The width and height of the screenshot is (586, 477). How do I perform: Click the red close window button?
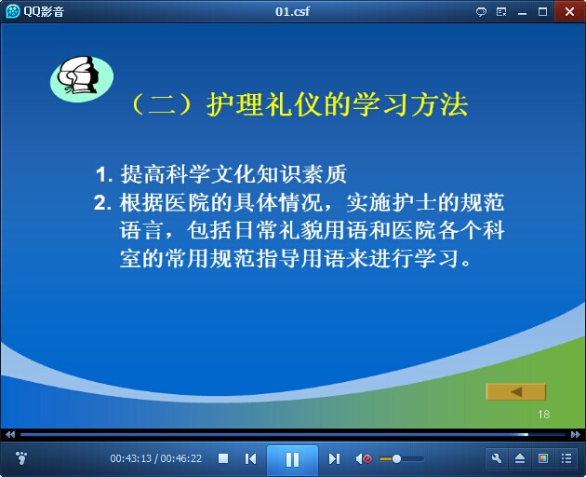point(569,11)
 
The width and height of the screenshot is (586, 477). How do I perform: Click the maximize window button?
point(542,11)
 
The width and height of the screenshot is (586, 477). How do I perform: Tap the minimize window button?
point(522,13)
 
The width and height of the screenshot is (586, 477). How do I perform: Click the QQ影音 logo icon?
point(12,11)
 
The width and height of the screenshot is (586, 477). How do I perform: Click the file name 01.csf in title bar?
point(292,11)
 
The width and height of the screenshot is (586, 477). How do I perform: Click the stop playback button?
point(223,458)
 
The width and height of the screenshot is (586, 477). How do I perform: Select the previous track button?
point(250,458)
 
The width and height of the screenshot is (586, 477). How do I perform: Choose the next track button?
point(334,458)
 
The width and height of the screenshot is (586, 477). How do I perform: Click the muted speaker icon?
point(364,458)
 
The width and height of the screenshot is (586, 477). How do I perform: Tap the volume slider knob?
point(396,458)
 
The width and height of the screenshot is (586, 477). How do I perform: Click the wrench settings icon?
point(497,458)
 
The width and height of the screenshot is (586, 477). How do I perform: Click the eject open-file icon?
point(520,458)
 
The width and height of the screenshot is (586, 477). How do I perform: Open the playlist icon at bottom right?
point(566,458)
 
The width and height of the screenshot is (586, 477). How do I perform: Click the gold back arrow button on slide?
point(515,392)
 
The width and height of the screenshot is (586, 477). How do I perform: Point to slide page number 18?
point(544,414)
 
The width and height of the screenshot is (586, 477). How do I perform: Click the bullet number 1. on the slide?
point(104,174)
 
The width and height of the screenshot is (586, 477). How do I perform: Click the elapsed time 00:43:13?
point(131,458)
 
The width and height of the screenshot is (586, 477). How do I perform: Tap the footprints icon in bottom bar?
point(21,458)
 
